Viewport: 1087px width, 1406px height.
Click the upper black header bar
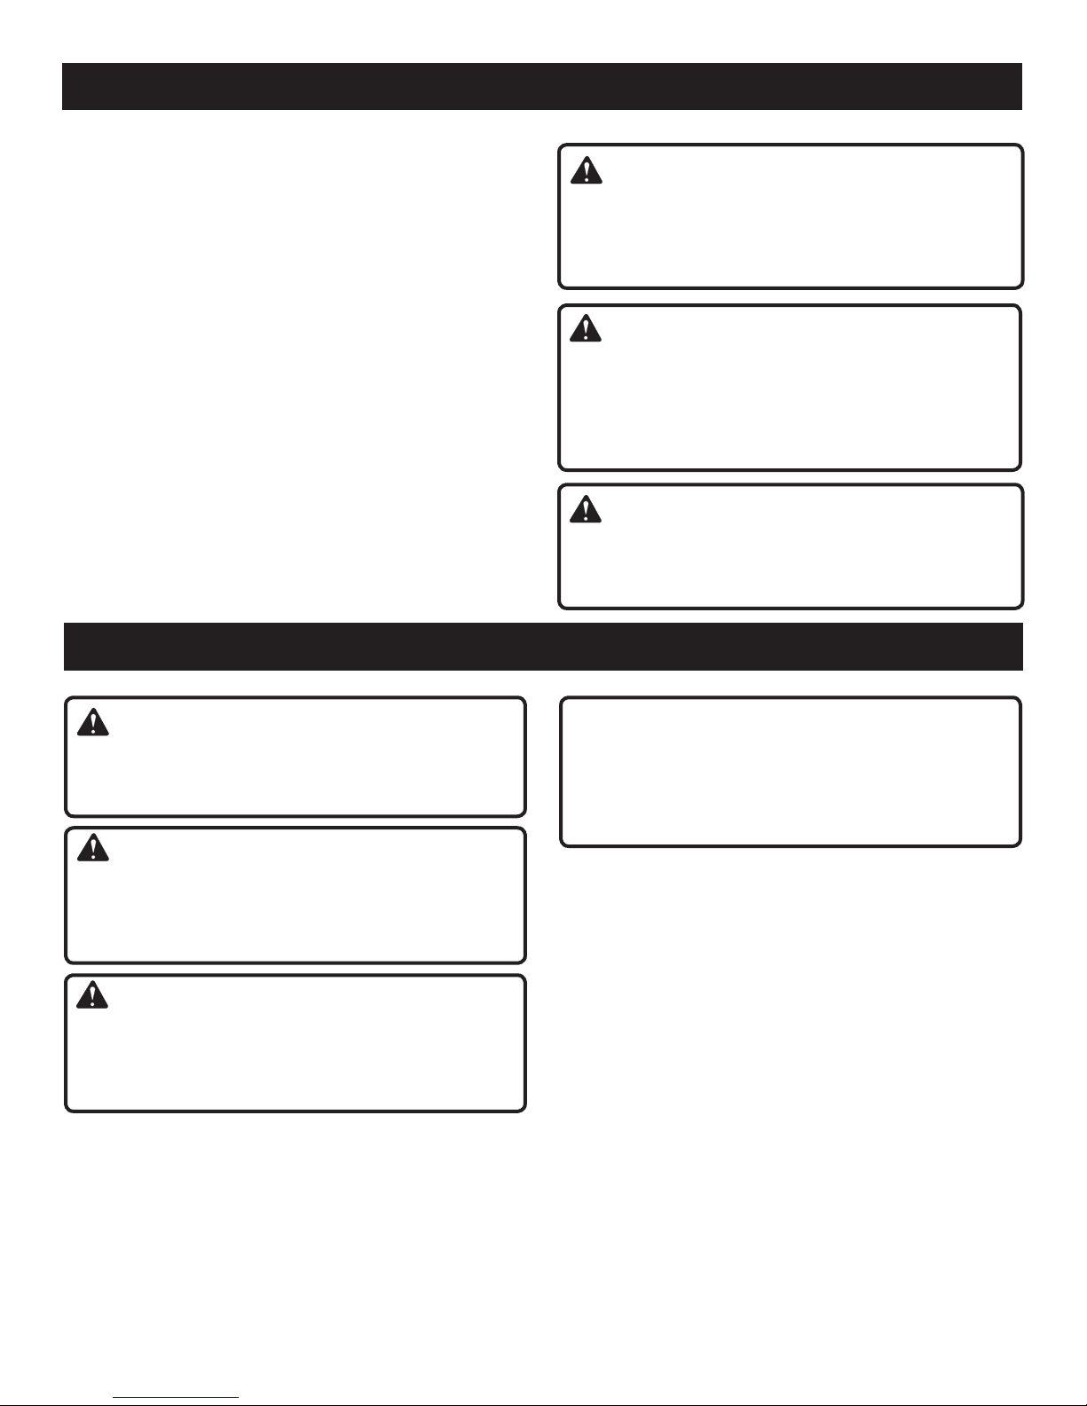[x=541, y=86]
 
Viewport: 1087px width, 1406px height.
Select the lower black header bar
[x=543, y=647]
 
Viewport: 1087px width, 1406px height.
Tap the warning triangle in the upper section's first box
[x=586, y=170]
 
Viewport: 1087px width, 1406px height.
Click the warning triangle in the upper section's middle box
[x=586, y=329]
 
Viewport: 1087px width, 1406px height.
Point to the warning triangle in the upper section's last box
[x=586, y=508]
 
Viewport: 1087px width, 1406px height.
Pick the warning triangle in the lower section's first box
[x=92, y=723]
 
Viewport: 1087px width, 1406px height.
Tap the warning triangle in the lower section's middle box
[x=92, y=849]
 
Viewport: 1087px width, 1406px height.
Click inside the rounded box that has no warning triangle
[x=790, y=772]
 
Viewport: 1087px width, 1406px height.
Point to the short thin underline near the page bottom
[x=177, y=1399]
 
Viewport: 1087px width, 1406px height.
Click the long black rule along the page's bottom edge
[x=621, y=1404]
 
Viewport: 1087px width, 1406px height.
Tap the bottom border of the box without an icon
[x=790, y=844]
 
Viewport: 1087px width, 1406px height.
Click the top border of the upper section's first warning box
[x=790, y=145]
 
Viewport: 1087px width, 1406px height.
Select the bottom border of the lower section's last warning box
[x=295, y=1110]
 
